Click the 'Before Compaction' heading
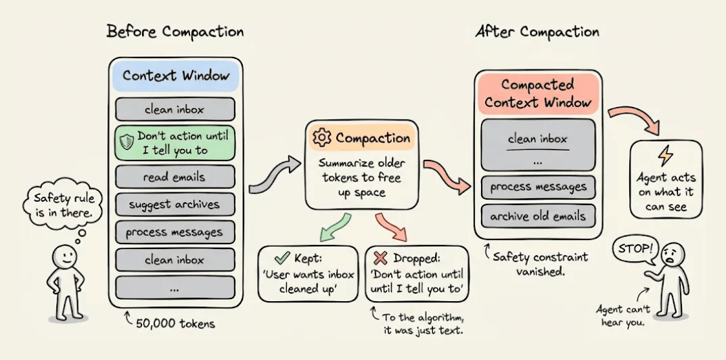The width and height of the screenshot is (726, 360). coord(175,32)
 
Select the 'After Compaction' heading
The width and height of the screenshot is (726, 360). coord(537,32)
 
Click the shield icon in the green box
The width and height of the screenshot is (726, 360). coord(127,142)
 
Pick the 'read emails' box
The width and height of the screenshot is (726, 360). coord(175,177)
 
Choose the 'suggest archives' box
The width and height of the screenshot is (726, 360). coord(175,204)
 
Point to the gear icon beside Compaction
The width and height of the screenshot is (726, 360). coord(321,138)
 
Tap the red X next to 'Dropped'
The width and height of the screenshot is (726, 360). coord(381,258)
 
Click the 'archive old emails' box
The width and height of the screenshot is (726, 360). coord(539,217)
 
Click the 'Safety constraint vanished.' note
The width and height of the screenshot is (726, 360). coord(539,264)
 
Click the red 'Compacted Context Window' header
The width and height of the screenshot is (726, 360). coord(537,93)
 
